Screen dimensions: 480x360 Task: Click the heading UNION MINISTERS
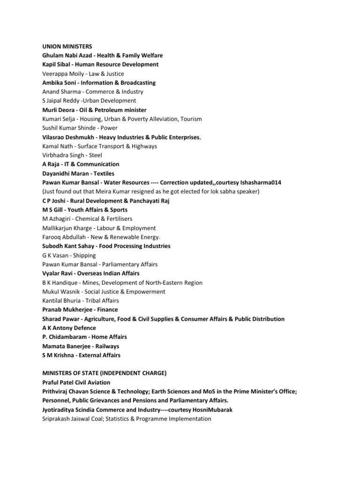pos(67,46)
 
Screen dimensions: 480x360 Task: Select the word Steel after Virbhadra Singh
pos(95,155)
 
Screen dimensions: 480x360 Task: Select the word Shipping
pos(85,255)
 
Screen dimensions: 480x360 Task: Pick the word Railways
pos(108,346)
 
